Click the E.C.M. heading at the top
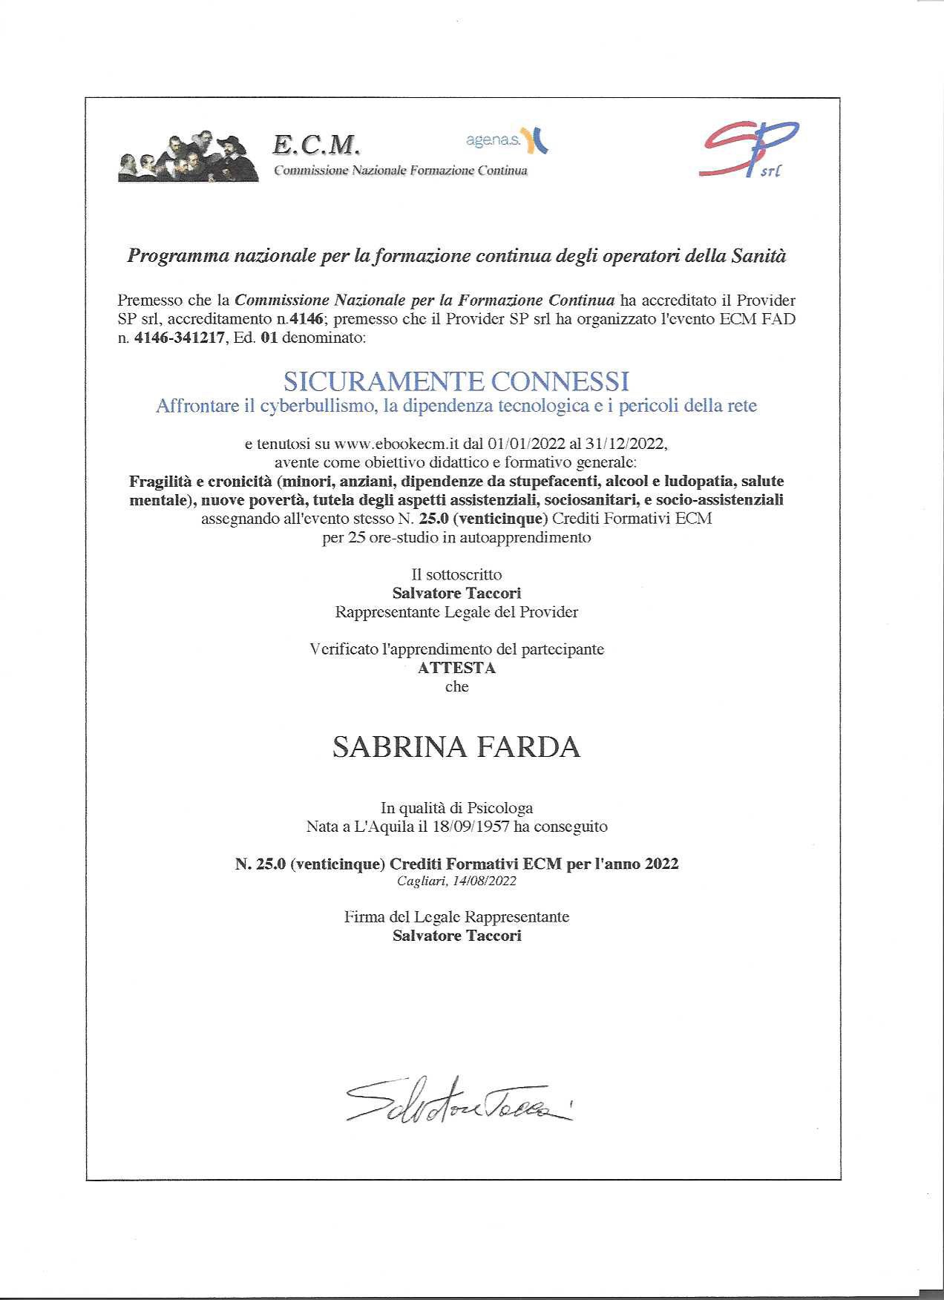click(316, 144)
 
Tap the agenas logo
click(507, 139)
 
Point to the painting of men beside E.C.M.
click(189, 156)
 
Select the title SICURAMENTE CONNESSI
click(456, 381)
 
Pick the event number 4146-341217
click(178, 339)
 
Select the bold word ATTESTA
click(456, 668)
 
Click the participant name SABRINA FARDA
click(456, 747)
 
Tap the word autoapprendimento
click(525, 537)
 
